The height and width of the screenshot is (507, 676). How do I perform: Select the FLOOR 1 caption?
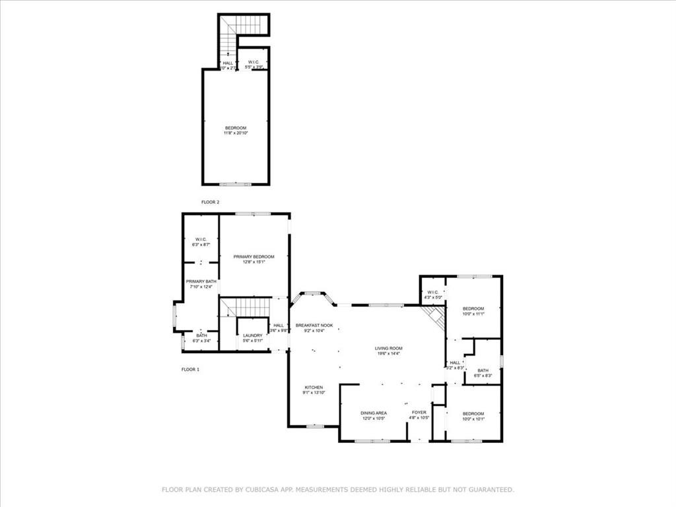click(x=190, y=370)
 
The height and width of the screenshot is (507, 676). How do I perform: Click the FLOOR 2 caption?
click(x=210, y=202)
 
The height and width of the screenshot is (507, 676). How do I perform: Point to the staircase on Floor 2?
click(x=228, y=38)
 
